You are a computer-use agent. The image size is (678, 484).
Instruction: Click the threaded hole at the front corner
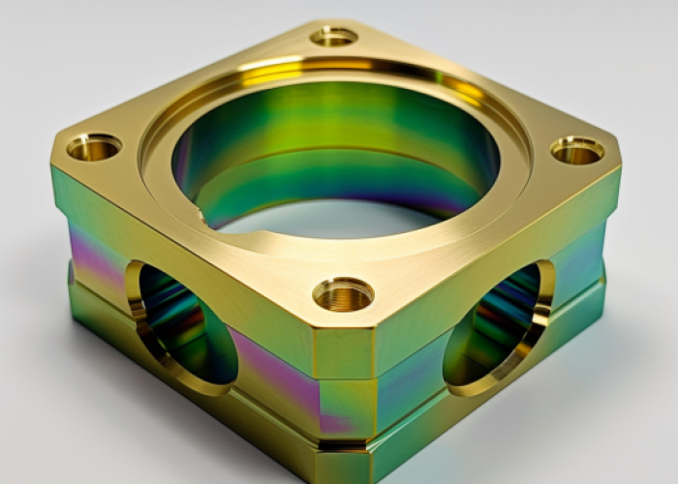[x=343, y=293]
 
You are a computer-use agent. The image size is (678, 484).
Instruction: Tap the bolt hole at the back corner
[x=334, y=37]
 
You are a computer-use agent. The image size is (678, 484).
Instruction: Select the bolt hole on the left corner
[x=94, y=147]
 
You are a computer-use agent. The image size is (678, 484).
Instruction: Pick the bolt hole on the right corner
[x=577, y=150]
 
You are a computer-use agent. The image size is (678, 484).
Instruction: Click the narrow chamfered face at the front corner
[x=343, y=353]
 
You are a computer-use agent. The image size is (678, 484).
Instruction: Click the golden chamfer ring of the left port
[x=136, y=310]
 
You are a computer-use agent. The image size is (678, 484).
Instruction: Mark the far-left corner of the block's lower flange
[x=71, y=281]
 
